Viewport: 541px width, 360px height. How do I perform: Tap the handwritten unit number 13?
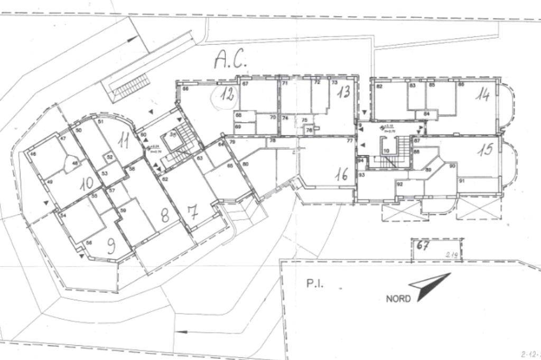(343, 92)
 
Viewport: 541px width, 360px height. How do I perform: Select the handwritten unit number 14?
(482, 94)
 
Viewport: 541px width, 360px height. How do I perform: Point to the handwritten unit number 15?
(486, 149)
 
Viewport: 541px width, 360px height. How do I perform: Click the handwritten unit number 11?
(124, 140)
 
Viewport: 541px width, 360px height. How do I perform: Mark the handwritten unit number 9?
(111, 246)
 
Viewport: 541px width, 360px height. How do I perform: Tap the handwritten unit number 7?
(192, 213)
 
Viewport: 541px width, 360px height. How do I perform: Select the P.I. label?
(314, 283)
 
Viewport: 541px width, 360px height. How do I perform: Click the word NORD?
(398, 299)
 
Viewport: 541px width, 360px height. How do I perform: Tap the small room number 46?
(33, 154)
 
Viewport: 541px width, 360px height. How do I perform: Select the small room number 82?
(379, 86)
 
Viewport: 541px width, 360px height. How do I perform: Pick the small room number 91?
(461, 181)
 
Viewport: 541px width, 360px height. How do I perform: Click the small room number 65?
(230, 165)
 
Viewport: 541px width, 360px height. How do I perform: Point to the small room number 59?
(123, 211)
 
